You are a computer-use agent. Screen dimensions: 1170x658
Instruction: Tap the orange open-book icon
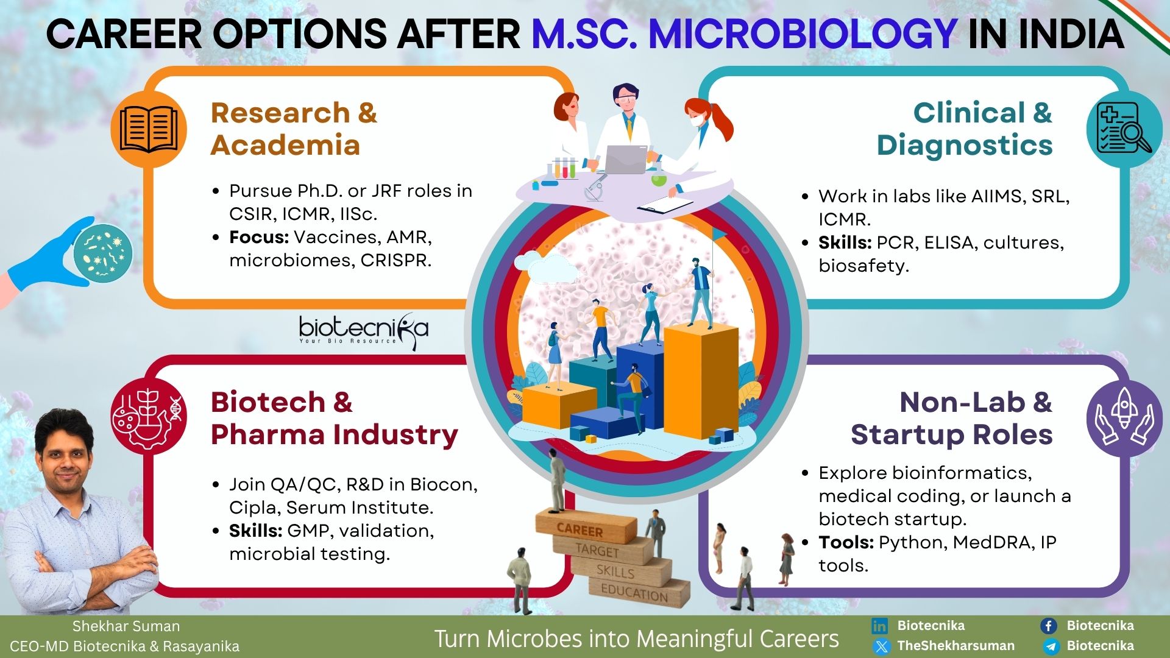[149, 129]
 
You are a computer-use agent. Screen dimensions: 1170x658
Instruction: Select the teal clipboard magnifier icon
[1124, 129]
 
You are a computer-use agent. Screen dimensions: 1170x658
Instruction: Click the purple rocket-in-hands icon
[1124, 419]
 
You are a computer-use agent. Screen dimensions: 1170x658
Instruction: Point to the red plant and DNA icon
[149, 416]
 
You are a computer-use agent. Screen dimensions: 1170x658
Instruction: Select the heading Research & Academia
[294, 129]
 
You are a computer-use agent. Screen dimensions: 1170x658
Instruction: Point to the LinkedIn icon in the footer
[879, 626]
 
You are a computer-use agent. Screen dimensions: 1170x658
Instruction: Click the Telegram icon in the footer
[1049, 646]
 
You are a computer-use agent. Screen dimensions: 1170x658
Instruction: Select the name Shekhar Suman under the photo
[126, 626]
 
